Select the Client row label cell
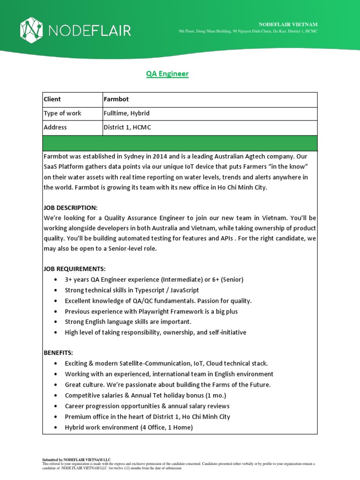52,99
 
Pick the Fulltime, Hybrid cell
126,113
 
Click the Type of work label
62,113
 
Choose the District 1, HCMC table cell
127,127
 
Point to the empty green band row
180,143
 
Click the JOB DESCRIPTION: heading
70,207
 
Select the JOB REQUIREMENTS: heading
75,269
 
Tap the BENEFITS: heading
59,352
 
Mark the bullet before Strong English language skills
56,322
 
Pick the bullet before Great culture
56,385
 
